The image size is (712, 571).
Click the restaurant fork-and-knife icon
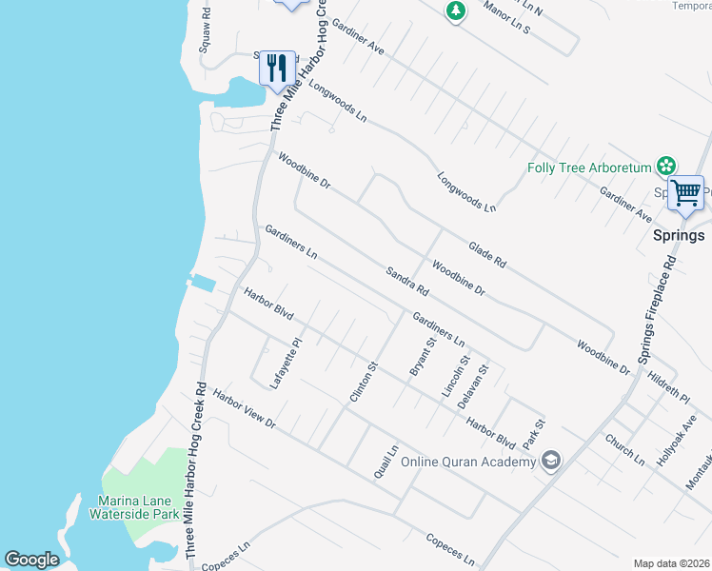coord(277,67)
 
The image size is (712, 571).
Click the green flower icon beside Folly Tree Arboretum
coord(667,167)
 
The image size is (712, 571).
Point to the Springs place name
coord(679,235)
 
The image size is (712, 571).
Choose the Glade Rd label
coord(487,254)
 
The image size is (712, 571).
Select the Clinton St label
coord(365,381)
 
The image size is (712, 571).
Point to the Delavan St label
coord(473,385)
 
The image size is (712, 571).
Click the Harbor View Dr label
coord(244,409)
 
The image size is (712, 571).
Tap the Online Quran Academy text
coord(468,463)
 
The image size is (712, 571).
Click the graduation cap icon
coord(550,462)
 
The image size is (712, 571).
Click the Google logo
coord(31,560)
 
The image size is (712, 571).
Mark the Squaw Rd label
coord(205,32)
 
